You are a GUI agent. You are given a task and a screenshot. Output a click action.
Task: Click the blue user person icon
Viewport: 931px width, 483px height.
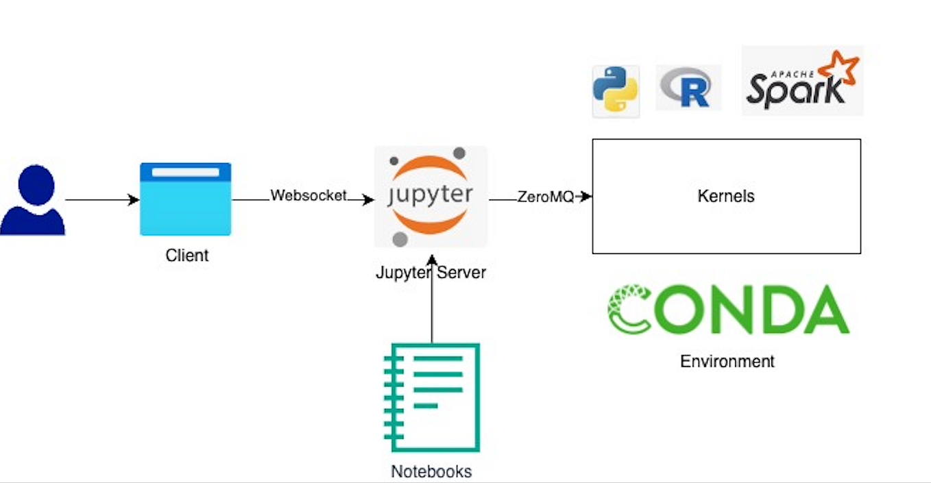click(x=32, y=200)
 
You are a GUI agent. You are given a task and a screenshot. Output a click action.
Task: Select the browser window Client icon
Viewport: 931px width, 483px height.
click(x=185, y=199)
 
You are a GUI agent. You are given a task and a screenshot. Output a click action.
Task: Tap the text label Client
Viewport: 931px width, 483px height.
click(x=186, y=256)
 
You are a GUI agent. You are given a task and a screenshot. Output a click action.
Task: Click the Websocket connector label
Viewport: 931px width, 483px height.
click(x=309, y=195)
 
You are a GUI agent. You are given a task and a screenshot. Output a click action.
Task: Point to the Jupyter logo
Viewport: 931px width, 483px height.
click(x=431, y=196)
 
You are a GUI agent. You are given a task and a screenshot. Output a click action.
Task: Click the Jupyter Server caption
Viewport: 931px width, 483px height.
click(x=431, y=272)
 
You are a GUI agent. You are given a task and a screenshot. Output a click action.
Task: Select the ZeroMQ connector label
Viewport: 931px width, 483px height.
click(x=545, y=197)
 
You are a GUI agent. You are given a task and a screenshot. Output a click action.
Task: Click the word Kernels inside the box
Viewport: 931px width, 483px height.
click(x=725, y=196)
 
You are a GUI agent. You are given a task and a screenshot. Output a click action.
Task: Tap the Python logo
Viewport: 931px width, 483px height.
click(x=615, y=91)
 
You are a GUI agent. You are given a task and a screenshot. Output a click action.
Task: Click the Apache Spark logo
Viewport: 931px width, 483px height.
click(x=801, y=81)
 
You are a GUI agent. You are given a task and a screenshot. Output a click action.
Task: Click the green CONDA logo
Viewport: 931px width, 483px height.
click(x=727, y=310)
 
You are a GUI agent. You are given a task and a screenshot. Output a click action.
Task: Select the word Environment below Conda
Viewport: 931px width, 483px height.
click(x=727, y=361)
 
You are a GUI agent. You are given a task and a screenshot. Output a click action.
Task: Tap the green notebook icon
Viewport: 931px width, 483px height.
click(x=431, y=397)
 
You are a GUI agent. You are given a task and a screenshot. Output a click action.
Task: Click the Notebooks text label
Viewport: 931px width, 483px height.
click(x=431, y=471)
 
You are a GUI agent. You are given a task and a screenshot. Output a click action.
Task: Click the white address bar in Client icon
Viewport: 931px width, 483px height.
click(x=185, y=172)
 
